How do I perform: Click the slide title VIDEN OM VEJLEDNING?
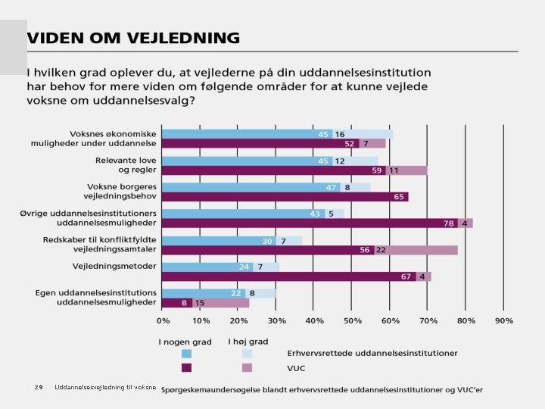coord(133,38)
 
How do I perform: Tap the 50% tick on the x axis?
coord(352,321)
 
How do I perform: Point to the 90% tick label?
coord(504,321)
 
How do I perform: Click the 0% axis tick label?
coord(163,321)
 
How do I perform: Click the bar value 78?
coord(449,223)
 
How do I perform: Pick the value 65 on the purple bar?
coord(398,197)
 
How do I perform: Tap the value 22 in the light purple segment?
coord(381,250)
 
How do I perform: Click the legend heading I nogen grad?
coord(185,342)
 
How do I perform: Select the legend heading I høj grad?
coord(248,342)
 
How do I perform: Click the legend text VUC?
coord(297,368)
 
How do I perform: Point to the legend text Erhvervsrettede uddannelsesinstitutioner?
coord(372,354)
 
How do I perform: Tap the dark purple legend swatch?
coord(186,368)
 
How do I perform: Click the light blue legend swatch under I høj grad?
coord(247,354)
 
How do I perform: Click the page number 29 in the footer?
coord(38,388)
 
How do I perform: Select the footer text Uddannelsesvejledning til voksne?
coord(105,388)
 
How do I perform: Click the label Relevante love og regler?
coord(126,165)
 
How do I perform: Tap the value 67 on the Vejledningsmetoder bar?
coord(406,276)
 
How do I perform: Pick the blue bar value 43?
coord(315,214)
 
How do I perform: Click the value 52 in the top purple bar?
coord(350,144)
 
